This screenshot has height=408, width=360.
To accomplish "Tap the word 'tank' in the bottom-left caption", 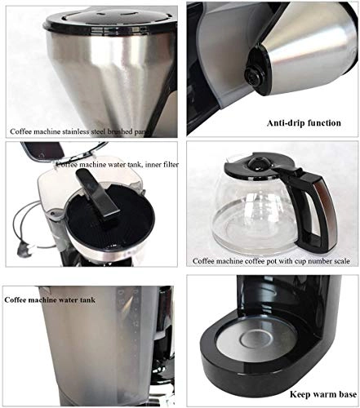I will [107, 300].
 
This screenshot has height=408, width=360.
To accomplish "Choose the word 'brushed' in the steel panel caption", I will [138, 131].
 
